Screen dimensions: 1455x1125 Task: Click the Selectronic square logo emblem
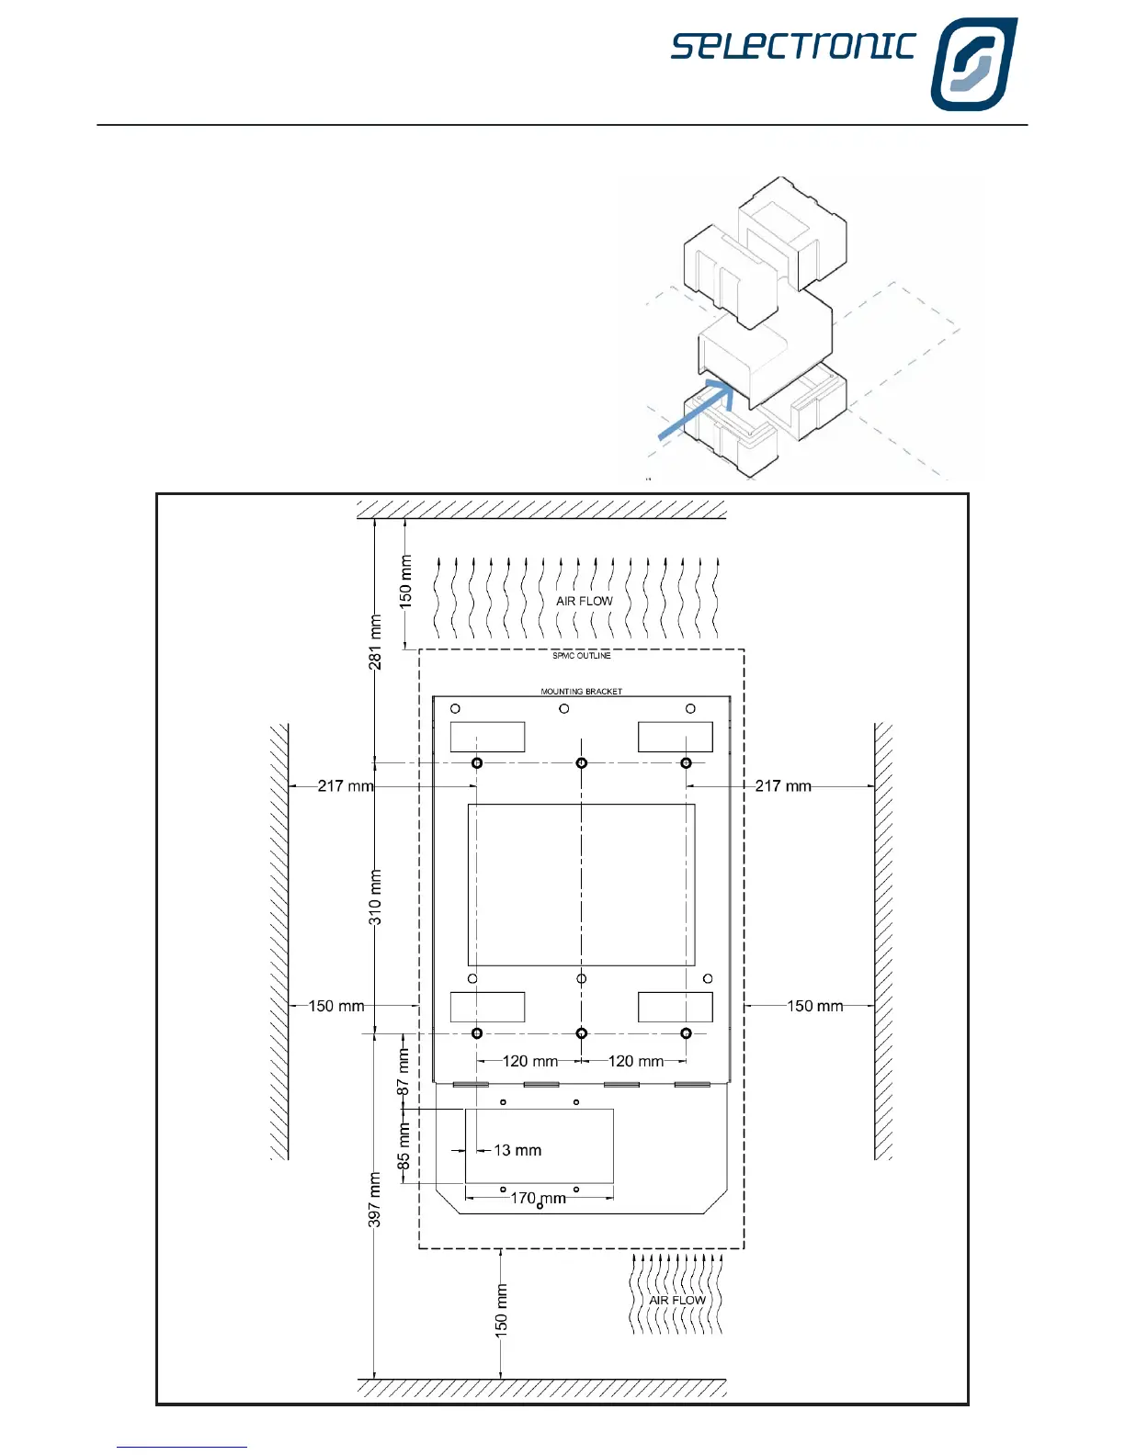973,64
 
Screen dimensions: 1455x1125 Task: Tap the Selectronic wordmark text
793,46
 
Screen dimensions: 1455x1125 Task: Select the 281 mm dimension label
375,642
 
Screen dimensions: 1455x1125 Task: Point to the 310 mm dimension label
375,897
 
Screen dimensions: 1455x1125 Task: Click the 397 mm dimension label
375,1199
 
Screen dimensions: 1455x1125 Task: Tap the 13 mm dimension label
517,1150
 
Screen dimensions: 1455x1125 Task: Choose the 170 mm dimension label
539,1198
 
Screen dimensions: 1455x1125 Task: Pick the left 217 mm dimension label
346,785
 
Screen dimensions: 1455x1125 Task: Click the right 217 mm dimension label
783,785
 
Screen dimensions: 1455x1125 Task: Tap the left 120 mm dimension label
530,1061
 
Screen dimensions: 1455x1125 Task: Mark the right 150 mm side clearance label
814,1006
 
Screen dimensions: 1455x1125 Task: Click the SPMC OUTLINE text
581,656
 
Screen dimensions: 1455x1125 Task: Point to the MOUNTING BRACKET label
581,691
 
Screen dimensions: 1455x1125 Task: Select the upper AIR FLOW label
584,601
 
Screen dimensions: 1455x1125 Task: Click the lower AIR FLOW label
676,1300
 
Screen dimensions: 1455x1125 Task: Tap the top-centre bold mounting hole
581,763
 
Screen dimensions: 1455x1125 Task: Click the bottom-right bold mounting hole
686,1033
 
